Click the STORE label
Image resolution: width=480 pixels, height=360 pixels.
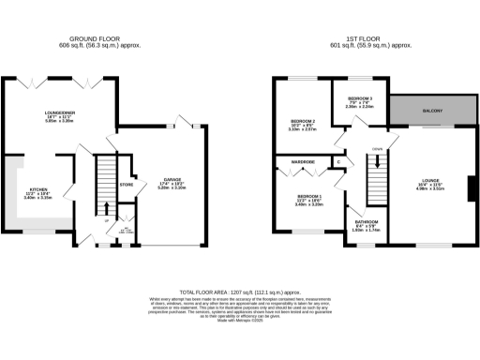pyautogui.click(x=127, y=185)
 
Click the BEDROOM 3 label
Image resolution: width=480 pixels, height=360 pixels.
pyautogui.click(x=360, y=97)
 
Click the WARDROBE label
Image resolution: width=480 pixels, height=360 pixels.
pyautogui.click(x=302, y=162)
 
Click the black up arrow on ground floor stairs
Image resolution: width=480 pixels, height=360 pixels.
pyautogui.click(x=106, y=208)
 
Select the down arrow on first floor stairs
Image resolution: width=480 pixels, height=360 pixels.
pyautogui.click(x=378, y=161)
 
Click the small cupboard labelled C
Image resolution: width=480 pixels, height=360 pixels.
pyautogui.click(x=338, y=162)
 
